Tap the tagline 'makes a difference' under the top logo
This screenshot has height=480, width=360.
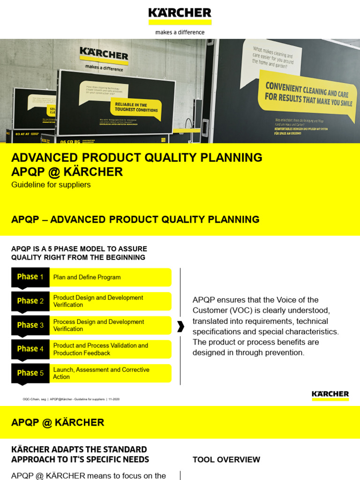coord(180,32)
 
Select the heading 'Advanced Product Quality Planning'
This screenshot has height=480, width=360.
coord(136,157)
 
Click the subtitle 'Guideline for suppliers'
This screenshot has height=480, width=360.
coord(51,185)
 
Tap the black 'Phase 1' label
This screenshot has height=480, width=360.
coord(30,277)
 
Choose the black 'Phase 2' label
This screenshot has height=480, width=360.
coord(30,301)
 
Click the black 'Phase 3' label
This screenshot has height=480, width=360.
coord(30,325)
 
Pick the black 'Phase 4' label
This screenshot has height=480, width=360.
coord(30,349)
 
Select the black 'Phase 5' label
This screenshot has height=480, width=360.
coord(30,373)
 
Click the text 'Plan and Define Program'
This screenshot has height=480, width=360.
coord(87,277)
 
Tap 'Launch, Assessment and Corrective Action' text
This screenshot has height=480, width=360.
coord(101,373)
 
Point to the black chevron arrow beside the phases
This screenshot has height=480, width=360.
coord(180,327)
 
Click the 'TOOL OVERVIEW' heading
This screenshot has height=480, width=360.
coord(226,460)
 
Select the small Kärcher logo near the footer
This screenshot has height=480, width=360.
coord(330,395)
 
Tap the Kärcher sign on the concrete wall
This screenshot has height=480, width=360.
coord(104,55)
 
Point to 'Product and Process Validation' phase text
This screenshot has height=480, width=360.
coord(100,349)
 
